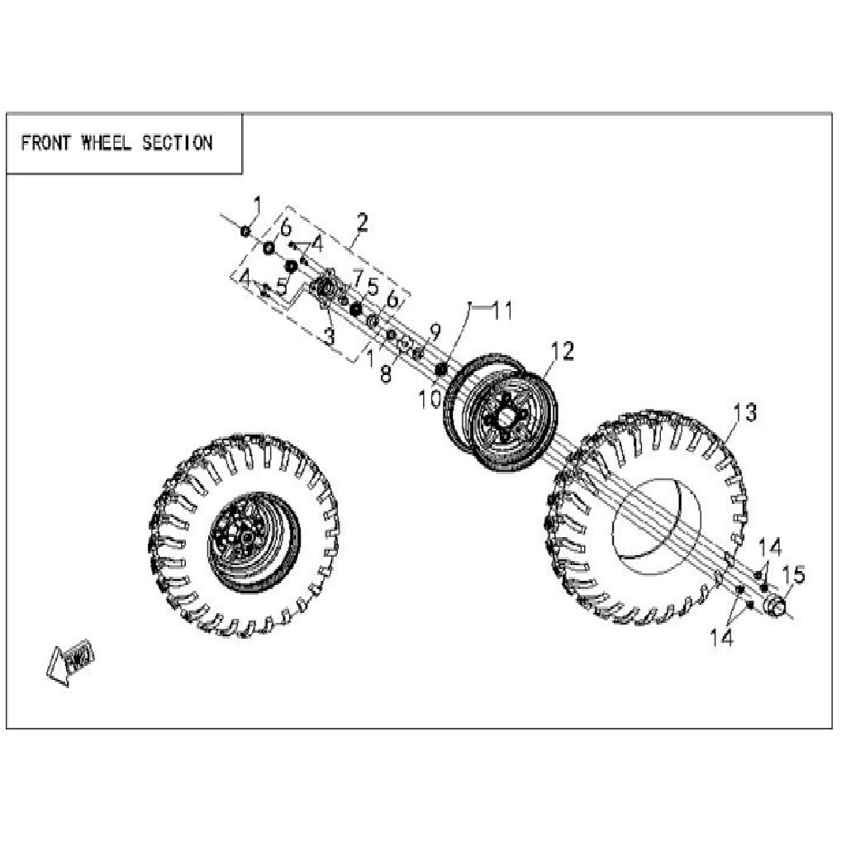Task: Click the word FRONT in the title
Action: (46, 143)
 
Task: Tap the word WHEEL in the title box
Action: (107, 143)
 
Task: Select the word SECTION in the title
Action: (178, 143)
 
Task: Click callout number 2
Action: (363, 222)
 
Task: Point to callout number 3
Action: (329, 336)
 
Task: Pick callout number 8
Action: (386, 374)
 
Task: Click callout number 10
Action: (430, 400)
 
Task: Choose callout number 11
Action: (503, 311)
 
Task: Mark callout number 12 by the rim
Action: (562, 351)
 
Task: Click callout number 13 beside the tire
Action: (745, 412)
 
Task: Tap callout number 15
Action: (794, 575)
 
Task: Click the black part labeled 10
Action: (441, 369)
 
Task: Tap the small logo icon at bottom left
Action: (71, 661)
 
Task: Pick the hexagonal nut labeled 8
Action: (404, 343)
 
